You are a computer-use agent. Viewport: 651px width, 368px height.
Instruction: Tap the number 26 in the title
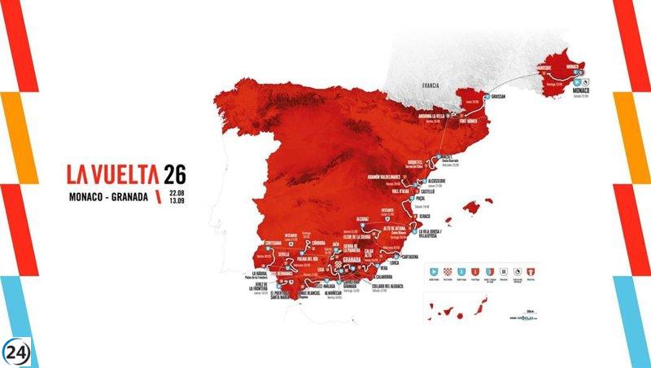[x=174, y=173]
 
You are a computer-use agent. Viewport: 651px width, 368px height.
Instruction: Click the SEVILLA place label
[x=282, y=254]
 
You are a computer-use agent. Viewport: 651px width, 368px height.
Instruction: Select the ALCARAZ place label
[x=363, y=220]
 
